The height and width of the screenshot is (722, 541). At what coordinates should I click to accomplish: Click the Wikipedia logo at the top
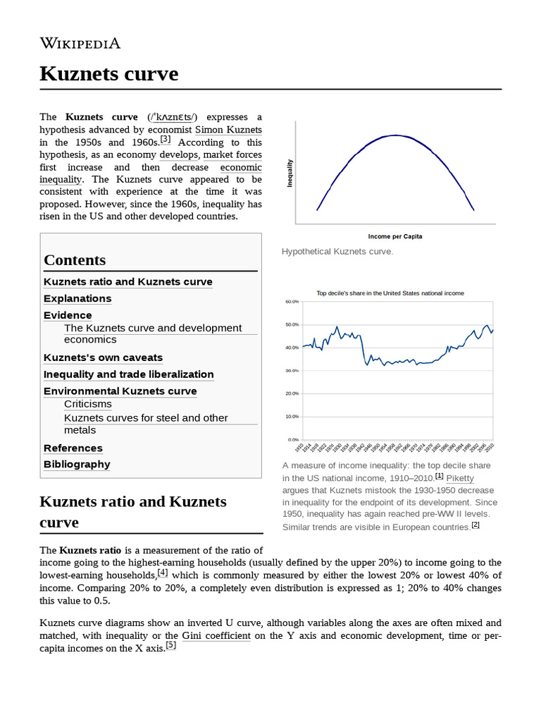[x=80, y=43]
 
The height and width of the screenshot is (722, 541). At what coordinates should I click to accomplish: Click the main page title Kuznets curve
[x=109, y=73]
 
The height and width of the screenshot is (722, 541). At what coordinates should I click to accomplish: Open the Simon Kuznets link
[x=228, y=130]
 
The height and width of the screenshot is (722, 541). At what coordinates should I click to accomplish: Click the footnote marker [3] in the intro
[x=166, y=140]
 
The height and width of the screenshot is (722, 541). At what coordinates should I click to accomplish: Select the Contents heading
[x=75, y=259]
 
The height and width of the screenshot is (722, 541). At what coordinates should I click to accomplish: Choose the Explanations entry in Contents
[x=77, y=298]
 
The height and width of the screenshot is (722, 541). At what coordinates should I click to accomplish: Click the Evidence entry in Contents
[x=68, y=315]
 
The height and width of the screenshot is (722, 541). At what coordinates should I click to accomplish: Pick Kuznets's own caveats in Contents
[x=103, y=357]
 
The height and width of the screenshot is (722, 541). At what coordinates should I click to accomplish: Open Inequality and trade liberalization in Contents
[x=128, y=374]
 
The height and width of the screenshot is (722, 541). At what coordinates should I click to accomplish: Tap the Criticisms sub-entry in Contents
[x=87, y=404]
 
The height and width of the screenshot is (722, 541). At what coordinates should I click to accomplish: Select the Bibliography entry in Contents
[x=77, y=464]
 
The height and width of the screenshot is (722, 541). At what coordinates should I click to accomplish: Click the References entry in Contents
[x=73, y=448]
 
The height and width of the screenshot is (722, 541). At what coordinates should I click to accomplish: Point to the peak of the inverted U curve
[x=395, y=135]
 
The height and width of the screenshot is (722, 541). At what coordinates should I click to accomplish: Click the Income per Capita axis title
[x=394, y=235]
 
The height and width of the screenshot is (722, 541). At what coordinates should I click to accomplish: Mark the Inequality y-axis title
[x=290, y=173]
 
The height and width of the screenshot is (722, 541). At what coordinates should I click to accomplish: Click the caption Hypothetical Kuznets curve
[x=337, y=252]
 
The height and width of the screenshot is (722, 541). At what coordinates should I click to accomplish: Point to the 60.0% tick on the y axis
[x=292, y=301]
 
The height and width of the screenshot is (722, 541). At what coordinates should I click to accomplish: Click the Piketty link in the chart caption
[x=460, y=478]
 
